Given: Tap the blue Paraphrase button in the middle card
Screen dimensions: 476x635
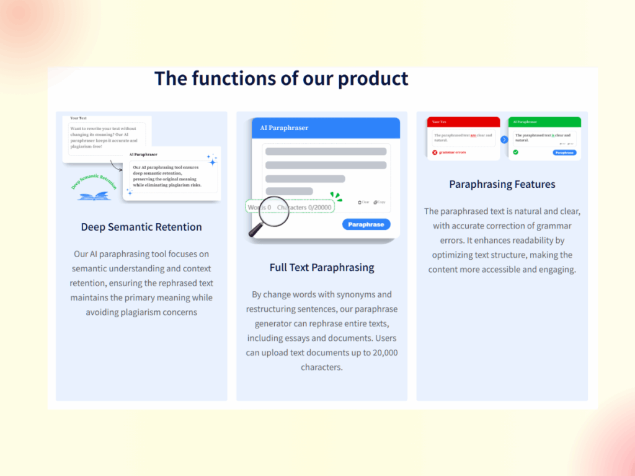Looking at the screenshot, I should pos(366,224).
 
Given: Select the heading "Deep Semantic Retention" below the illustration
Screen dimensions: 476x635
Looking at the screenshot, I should pos(141,227).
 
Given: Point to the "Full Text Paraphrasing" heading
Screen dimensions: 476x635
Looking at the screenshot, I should pos(322,268).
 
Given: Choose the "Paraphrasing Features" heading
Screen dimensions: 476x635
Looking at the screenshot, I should pos(502,184).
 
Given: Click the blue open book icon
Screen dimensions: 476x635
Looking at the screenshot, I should pos(94,195).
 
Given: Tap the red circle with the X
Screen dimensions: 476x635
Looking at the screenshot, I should pos(435,152).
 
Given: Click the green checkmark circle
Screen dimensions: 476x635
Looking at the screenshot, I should pos(515,152).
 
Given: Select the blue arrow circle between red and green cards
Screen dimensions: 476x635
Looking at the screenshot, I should pos(504,139).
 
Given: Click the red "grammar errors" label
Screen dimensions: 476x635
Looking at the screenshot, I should pos(453,152).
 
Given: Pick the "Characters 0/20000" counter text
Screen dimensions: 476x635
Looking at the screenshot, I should pos(304,207).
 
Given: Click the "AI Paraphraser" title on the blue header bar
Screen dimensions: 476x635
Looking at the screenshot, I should pos(284,128).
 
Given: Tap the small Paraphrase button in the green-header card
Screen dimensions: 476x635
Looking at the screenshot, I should pos(564,152).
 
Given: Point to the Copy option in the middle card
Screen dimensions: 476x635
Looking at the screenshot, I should pos(380,202).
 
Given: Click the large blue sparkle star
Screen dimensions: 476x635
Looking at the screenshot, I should pos(212,161).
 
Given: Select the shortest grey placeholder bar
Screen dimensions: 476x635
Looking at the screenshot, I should pos(289,191).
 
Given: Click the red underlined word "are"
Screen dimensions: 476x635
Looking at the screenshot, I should pos(473,135).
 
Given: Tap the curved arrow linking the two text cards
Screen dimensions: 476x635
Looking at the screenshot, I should pos(115,165).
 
